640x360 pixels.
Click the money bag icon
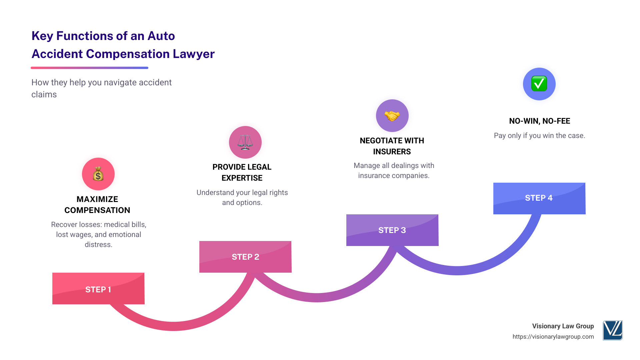click(98, 174)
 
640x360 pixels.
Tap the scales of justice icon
click(245, 142)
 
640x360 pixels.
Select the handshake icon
click(392, 116)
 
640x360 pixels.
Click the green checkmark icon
click(539, 84)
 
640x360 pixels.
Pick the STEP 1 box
click(98, 289)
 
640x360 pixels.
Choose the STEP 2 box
click(245, 257)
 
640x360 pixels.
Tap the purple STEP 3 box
click(392, 230)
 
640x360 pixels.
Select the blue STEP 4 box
click(539, 198)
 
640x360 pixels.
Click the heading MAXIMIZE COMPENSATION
click(97, 205)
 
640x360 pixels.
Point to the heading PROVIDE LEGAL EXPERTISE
click(242, 172)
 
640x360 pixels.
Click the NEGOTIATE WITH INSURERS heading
click(392, 146)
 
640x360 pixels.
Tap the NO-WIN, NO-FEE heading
click(539, 121)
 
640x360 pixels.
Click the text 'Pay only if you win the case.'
click(539, 136)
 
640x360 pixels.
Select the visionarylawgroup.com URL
click(553, 337)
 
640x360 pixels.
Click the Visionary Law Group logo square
click(613, 330)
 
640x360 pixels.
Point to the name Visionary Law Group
click(563, 326)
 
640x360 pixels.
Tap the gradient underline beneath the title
click(89, 68)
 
